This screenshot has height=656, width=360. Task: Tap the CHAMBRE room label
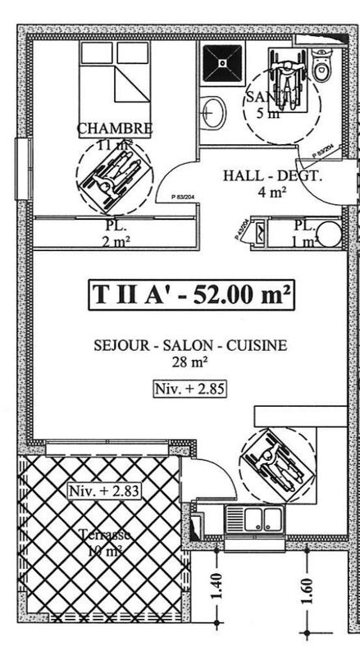(115, 129)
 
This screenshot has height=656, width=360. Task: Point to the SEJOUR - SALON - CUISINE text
(189, 345)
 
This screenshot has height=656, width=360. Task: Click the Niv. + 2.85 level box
(189, 388)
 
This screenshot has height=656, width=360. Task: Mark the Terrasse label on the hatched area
(104, 535)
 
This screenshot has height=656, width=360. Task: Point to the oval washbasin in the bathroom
(212, 113)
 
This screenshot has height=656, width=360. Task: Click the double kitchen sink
(254, 519)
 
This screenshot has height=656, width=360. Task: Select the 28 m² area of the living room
(189, 361)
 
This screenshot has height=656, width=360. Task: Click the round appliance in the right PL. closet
(329, 234)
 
